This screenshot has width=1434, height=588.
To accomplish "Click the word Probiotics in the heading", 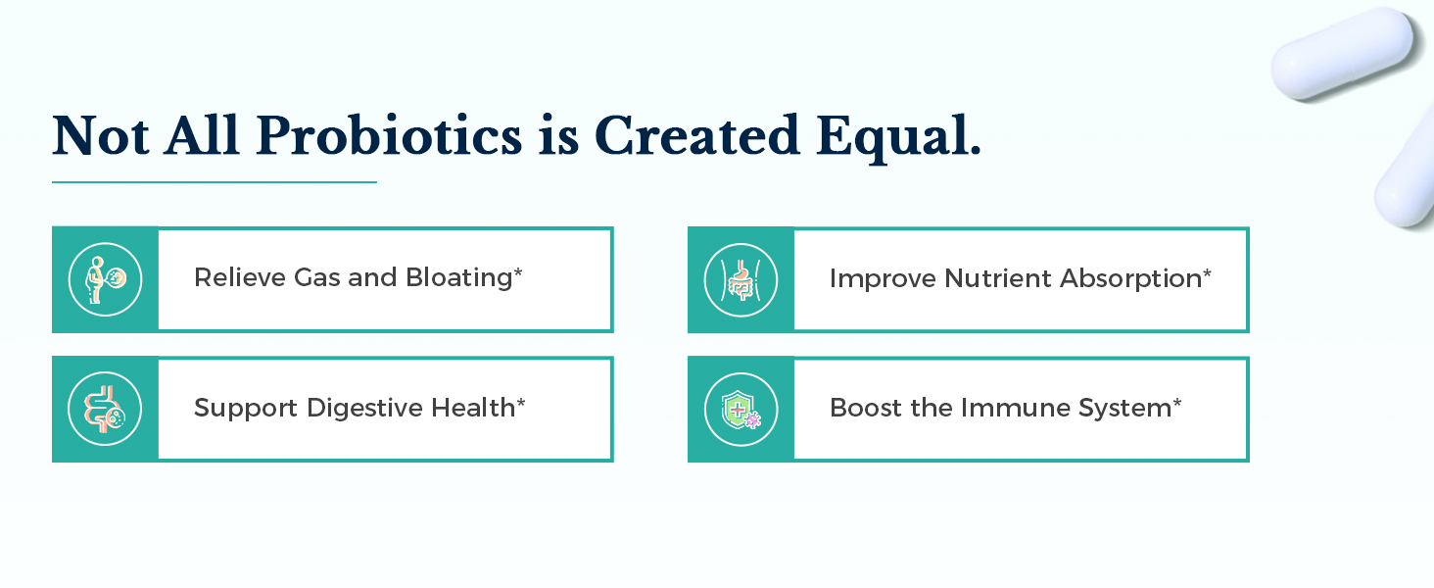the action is click(389, 136).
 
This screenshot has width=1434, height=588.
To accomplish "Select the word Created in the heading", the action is click(697, 135).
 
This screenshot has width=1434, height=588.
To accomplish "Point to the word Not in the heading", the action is click(101, 135).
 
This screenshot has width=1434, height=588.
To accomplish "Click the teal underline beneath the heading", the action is click(215, 182).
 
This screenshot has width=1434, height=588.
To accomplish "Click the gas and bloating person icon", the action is click(105, 280).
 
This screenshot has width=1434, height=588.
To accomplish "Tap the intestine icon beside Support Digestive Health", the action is click(105, 409).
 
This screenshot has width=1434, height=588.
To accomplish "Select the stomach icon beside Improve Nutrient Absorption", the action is click(741, 280).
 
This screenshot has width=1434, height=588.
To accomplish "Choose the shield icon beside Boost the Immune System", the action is click(741, 410).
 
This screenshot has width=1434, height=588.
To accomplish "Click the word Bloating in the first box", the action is click(459, 278).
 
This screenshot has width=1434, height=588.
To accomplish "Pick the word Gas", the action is click(317, 277).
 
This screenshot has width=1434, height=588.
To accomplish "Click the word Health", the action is click(474, 408).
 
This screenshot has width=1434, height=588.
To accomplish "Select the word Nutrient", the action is click(998, 278).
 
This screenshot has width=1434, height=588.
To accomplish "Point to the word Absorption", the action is click(1131, 279).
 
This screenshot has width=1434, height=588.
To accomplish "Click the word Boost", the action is click(866, 408).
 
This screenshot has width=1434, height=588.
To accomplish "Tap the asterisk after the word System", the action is click(1176, 402).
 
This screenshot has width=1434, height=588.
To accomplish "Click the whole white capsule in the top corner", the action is click(1343, 54).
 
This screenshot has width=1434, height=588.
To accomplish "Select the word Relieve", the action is click(240, 278).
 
